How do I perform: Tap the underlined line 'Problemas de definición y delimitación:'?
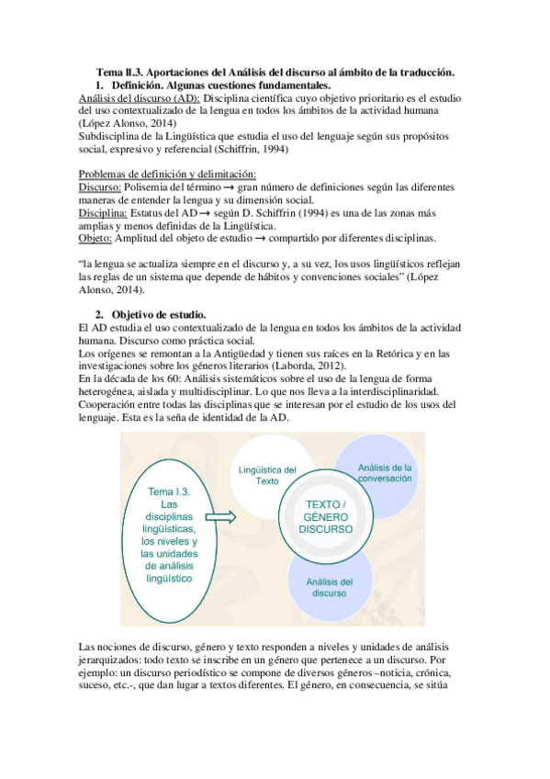tap(167, 175)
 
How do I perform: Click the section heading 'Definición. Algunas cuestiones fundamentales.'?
tap(219, 85)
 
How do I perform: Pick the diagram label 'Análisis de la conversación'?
tap(385, 472)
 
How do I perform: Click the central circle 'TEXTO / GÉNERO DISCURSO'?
tap(327, 517)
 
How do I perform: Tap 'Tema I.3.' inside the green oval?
tap(167, 491)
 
